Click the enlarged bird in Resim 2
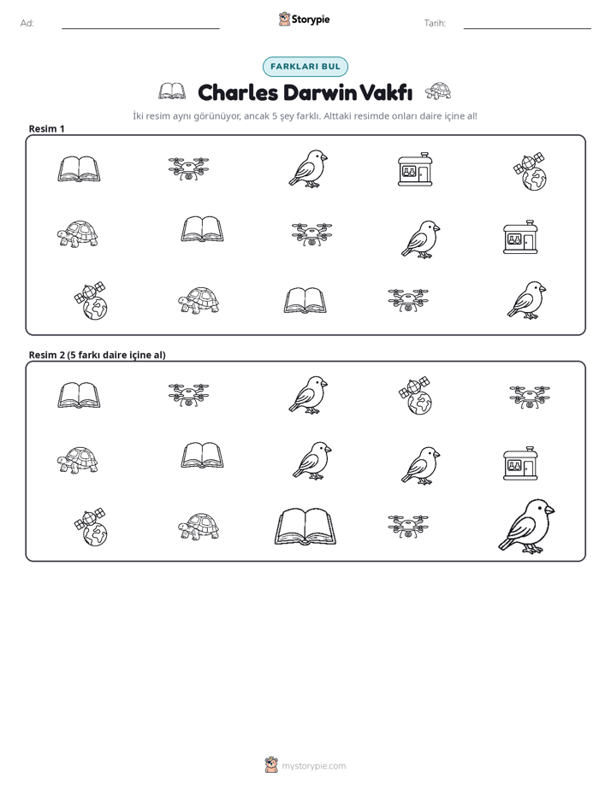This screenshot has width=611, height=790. [526, 527]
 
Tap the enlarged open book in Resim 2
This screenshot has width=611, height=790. [305, 527]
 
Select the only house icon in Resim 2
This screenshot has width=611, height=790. [520, 463]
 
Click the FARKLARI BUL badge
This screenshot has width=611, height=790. [305, 67]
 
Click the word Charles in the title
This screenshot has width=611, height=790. [238, 92]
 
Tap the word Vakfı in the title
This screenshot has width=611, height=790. [387, 92]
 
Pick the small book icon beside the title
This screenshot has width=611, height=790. [172, 91]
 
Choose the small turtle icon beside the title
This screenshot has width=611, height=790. [438, 91]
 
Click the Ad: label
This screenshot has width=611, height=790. [27, 23]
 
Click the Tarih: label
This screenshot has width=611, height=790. [435, 23]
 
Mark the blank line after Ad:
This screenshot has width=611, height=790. [140, 28]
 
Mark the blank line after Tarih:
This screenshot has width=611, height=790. [527, 28]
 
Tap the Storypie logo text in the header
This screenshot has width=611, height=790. [311, 20]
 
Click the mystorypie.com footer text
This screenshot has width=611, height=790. [313, 766]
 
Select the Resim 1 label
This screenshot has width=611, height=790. [46, 128]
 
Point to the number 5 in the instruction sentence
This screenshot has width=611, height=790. [275, 116]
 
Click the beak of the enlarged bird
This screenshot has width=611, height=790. [550, 510]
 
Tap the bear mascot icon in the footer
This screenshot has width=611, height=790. [271, 765]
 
